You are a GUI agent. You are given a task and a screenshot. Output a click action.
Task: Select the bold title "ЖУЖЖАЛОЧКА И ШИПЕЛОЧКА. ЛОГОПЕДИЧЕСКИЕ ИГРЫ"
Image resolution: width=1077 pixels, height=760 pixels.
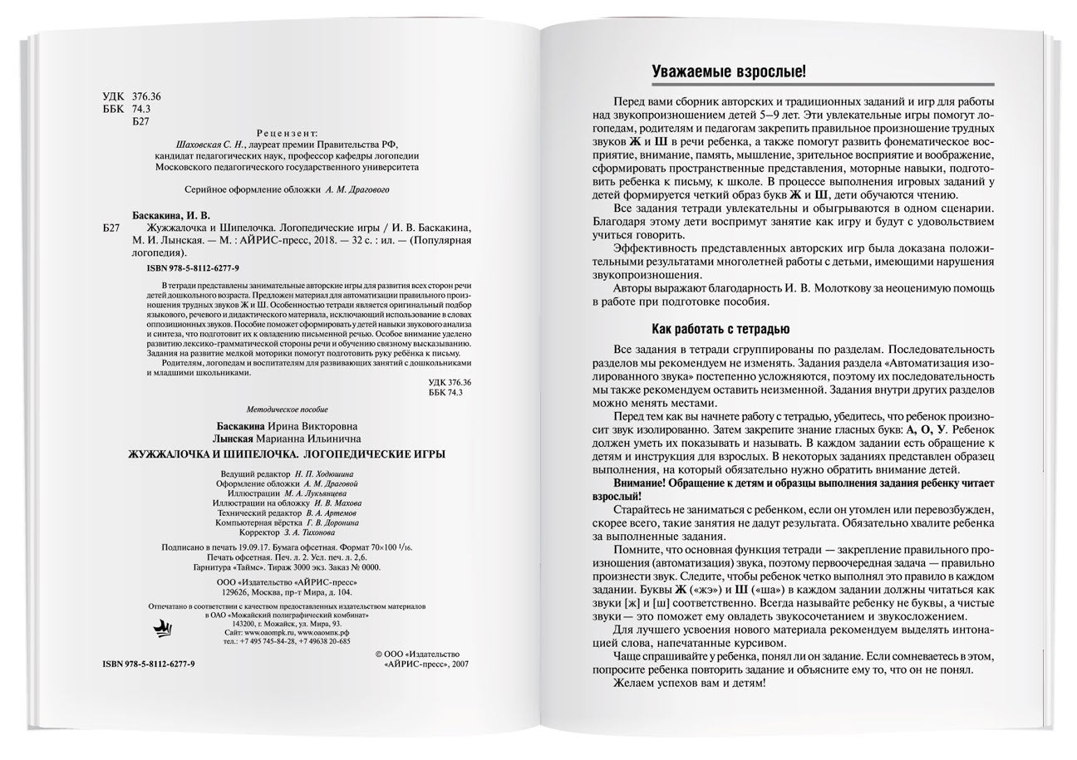coord(288,454)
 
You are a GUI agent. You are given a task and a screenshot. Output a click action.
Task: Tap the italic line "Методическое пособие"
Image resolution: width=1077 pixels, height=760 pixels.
coord(288,409)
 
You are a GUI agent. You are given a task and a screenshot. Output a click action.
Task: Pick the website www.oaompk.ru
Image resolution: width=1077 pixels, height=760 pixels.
coord(266,633)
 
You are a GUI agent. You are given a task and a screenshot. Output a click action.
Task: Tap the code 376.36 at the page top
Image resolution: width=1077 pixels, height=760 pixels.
coord(146,96)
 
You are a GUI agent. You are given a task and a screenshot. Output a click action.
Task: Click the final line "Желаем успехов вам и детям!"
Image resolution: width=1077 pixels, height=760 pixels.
coord(689,684)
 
